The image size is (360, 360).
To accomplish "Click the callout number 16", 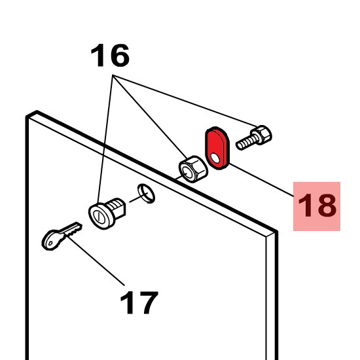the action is (x=110, y=56).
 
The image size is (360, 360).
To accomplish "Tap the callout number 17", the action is (x=139, y=302).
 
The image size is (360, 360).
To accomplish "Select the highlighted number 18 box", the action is (x=317, y=206).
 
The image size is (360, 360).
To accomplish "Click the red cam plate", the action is (x=217, y=148).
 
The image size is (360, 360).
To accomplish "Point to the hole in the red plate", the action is (x=215, y=158).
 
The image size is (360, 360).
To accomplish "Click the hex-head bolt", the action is (x=254, y=137).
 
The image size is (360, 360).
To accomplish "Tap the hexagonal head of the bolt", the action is (x=262, y=135).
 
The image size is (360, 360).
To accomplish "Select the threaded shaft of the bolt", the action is (x=245, y=142).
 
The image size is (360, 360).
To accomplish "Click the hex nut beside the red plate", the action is (x=193, y=169).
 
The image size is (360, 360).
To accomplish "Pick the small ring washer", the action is (x=146, y=193).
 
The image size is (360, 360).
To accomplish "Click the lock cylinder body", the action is (x=107, y=213).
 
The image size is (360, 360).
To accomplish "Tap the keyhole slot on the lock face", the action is (x=99, y=216).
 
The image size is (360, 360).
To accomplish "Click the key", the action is (x=62, y=236).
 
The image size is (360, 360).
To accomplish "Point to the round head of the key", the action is (x=52, y=240).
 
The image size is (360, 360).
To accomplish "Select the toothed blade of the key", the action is (x=71, y=229).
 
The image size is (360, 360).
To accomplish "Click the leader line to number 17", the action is (x=96, y=260).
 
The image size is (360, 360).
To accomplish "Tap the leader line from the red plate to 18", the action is (x=262, y=180).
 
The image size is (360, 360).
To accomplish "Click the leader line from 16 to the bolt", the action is (x=185, y=100).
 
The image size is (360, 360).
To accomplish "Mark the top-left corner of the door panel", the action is (x=26, y=117).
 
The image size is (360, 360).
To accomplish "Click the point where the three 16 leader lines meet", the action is (x=113, y=75).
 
